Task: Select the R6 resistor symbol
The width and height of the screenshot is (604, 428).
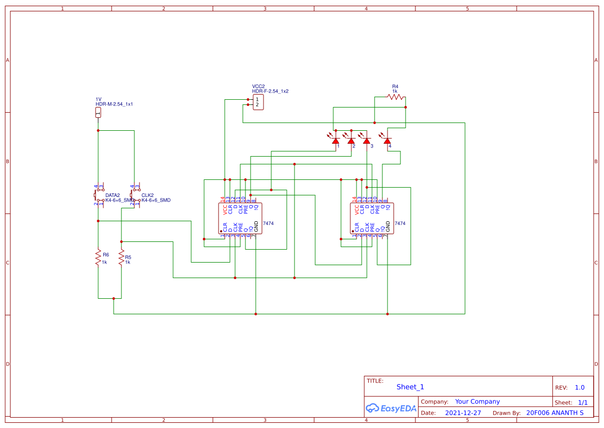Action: pyautogui.click(x=98, y=257)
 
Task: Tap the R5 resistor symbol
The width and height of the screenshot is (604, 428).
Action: pyautogui.click(x=121, y=257)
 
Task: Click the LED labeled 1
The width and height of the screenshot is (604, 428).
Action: pyautogui.click(x=335, y=141)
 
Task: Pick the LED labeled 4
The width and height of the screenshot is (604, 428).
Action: pyautogui.click(x=387, y=141)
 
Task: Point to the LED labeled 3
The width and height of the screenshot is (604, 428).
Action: pyautogui.click(x=366, y=141)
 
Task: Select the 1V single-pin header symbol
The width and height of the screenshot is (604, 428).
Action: pyautogui.click(x=98, y=113)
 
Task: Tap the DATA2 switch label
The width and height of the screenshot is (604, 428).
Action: pyautogui.click(x=113, y=195)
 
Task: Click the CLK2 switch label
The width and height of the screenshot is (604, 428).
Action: pyautogui.click(x=148, y=195)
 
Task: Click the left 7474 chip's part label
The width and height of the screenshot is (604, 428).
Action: pyautogui.click(x=269, y=223)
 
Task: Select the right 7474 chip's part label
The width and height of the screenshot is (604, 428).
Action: pyautogui.click(x=400, y=223)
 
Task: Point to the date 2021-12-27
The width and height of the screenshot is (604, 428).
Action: pyautogui.click(x=463, y=413)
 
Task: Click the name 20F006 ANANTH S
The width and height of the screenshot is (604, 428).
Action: pyautogui.click(x=554, y=413)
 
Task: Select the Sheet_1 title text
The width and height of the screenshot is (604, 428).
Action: pyautogui.click(x=410, y=387)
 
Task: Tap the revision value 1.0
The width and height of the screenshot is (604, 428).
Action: pyautogui.click(x=580, y=388)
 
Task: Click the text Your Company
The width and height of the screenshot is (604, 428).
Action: pyautogui.click(x=477, y=402)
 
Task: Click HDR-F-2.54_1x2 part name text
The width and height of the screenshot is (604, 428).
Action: pyautogui.click(x=270, y=91)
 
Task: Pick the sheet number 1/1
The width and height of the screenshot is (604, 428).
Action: pyautogui.click(x=582, y=402)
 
